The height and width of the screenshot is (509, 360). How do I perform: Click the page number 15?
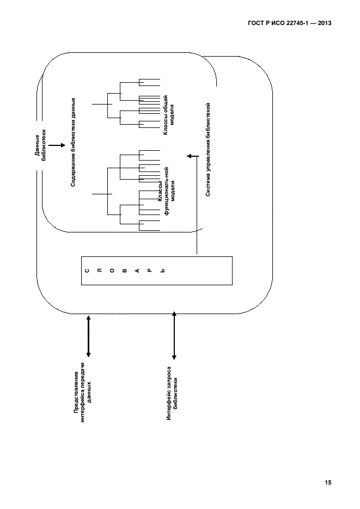[327, 482]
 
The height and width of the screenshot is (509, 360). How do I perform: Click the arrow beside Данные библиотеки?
[57, 145]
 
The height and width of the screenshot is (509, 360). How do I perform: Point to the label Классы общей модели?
[168, 115]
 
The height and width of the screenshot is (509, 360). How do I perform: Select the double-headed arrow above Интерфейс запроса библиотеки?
[174, 335]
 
